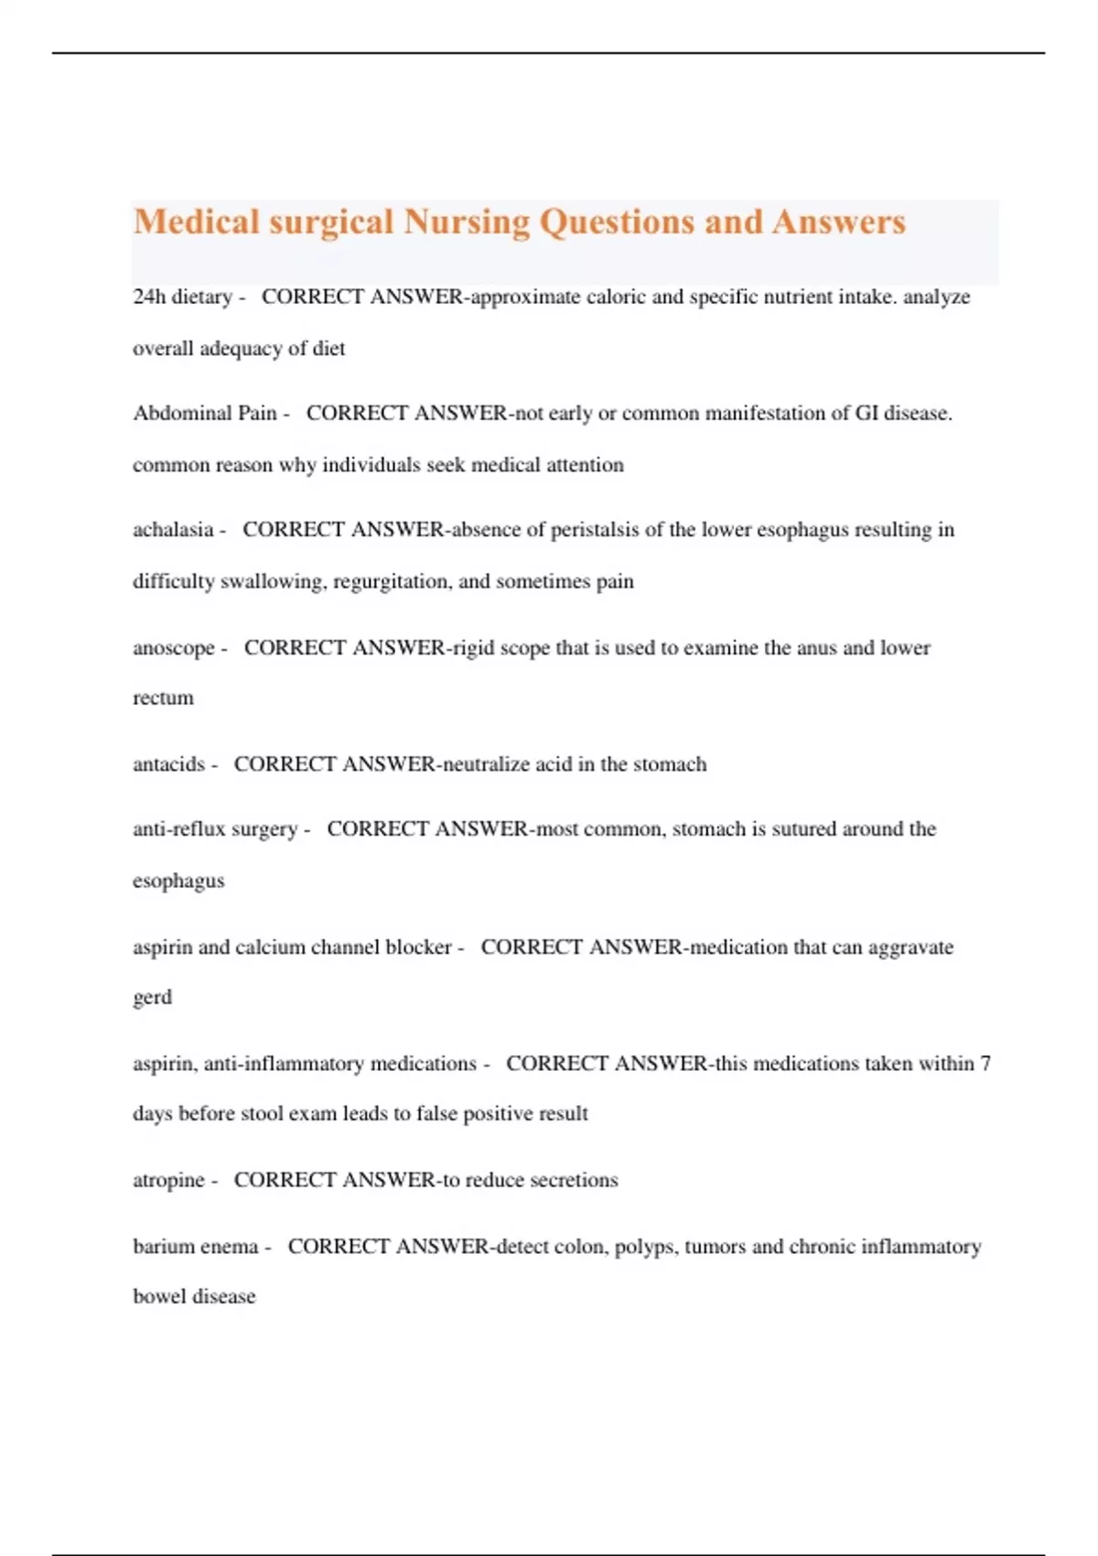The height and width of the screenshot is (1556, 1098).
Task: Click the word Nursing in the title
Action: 467,222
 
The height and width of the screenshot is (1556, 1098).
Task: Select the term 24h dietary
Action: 182,297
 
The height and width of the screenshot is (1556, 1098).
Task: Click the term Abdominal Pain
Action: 205,413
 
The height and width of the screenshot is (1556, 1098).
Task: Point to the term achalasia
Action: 173,529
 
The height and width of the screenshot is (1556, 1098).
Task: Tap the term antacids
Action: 169,764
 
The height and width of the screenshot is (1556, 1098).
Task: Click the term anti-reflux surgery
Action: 215,829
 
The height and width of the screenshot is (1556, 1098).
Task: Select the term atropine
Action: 169,1180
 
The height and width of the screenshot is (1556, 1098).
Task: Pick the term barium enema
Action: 196,1247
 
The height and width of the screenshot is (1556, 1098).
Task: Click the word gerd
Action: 152,998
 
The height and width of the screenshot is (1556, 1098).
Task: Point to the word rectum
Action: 163,698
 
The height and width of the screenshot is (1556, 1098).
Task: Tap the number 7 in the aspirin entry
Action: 985,1064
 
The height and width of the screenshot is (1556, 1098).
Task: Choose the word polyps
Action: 645,1247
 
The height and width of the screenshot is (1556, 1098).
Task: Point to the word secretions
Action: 574,1180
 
